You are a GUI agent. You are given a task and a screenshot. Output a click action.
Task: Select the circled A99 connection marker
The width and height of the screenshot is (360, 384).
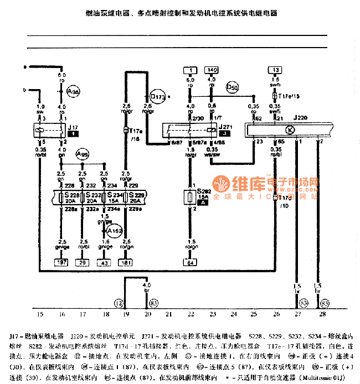83,153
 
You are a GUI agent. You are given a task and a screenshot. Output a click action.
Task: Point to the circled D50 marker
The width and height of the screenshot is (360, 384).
233,87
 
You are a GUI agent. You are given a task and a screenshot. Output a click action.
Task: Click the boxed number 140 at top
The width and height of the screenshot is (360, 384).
212,70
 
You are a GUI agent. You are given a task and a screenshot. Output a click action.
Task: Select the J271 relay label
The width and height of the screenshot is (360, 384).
225,126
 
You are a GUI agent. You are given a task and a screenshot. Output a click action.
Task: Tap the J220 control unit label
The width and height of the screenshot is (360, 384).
301,118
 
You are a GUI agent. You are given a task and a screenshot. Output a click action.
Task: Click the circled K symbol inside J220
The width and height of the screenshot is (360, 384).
290,130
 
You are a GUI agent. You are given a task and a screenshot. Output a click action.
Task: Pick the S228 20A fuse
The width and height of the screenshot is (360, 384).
70,198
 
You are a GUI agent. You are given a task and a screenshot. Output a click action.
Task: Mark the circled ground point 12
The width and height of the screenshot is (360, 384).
119,303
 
